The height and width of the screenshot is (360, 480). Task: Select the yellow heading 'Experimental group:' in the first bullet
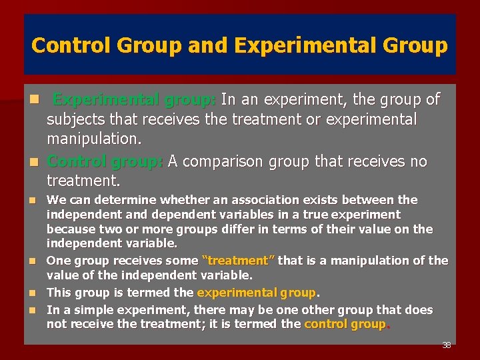(134, 100)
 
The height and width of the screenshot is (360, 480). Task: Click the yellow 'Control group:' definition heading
(105, 161)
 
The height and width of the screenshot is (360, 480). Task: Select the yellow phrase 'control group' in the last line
(345, 325)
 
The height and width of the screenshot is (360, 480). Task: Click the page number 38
(446, 345)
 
